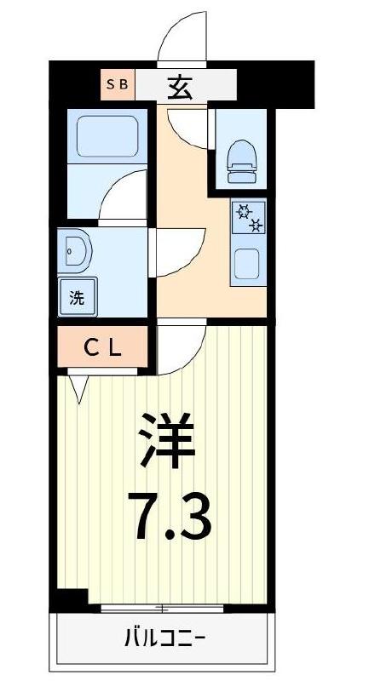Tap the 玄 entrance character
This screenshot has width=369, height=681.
[x=179, y=85]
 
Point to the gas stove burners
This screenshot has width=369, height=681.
[x=248, y=219]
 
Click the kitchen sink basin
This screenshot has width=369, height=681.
[x=248, y=265]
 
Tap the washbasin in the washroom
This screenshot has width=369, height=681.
[x=76, y=252]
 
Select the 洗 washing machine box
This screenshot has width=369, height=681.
[x=78, y=298]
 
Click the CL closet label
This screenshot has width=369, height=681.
[x=104, y=348]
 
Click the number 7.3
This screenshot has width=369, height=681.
[x=170, y=515]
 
